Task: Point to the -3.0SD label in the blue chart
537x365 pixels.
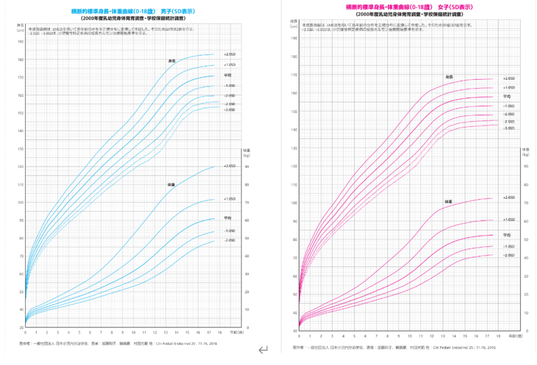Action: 229,110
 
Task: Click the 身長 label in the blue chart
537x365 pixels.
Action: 171,61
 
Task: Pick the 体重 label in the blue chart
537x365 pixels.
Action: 171,184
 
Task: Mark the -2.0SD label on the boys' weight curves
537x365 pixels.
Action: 230,240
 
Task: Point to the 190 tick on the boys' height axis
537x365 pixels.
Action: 20,41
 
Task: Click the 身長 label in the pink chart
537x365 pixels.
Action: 448,77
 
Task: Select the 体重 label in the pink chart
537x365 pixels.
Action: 448,201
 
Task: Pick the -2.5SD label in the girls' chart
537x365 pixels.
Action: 509,121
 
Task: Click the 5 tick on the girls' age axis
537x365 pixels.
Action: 354,336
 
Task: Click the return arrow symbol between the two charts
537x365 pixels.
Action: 263,349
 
